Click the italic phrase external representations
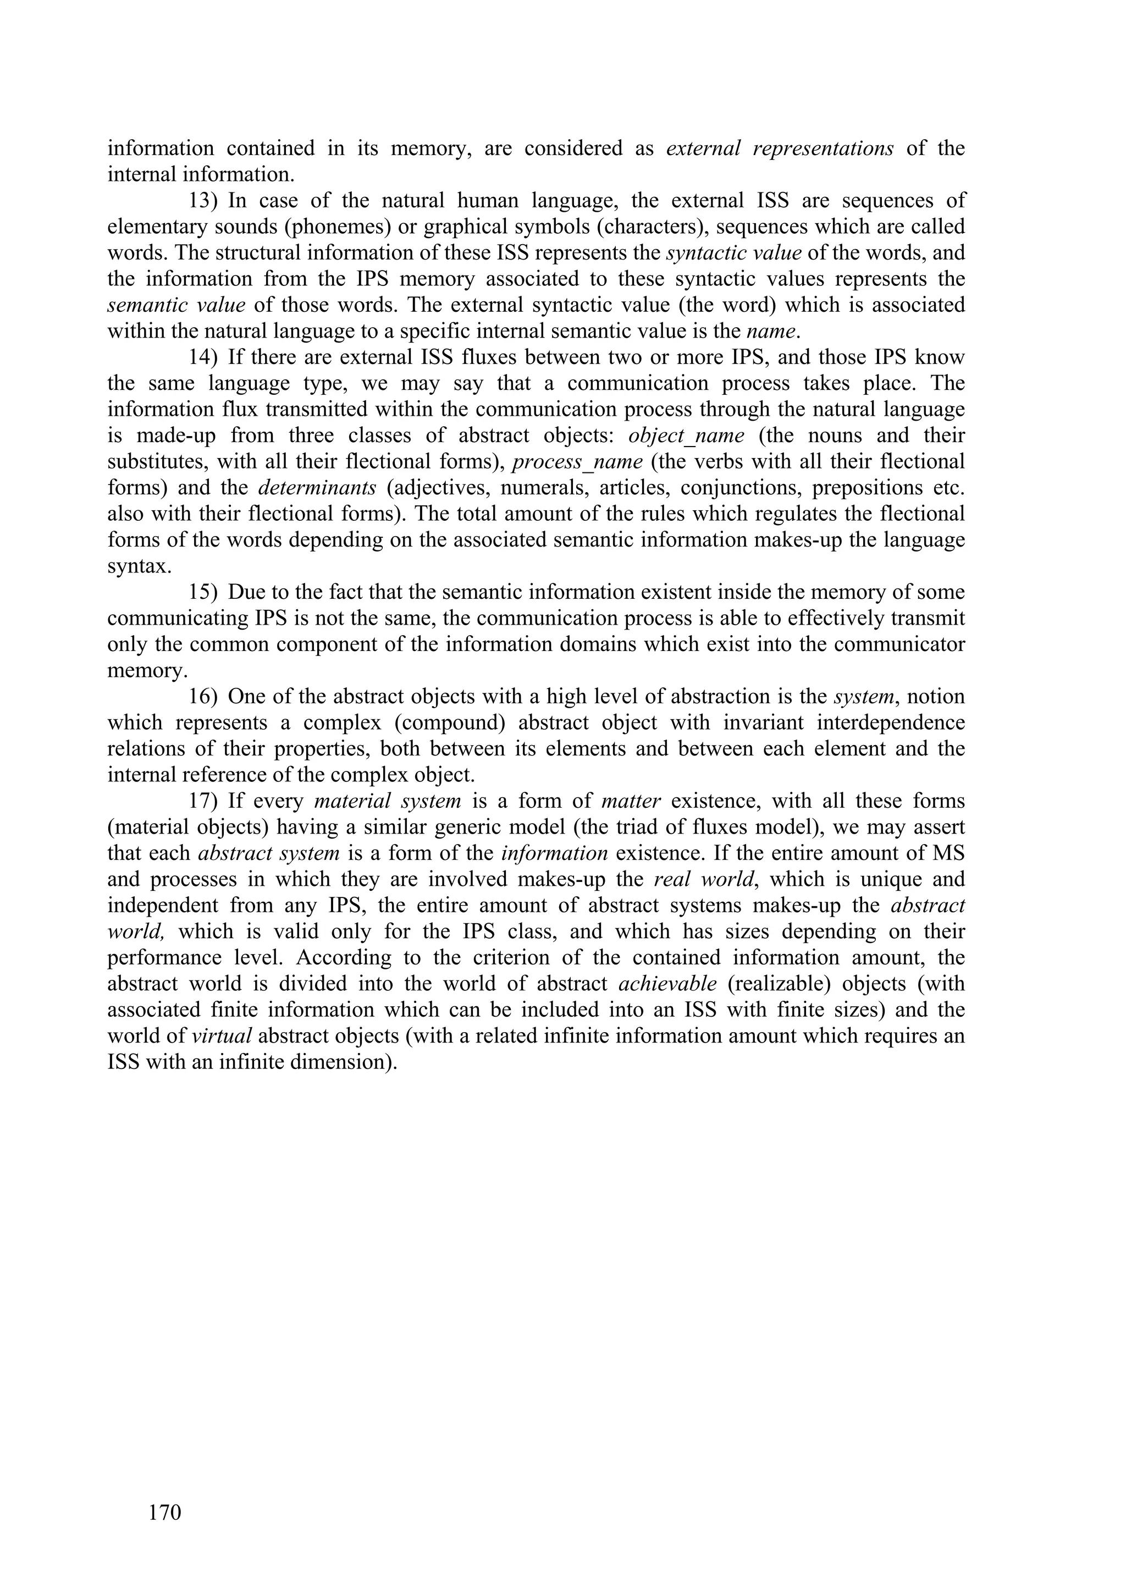[x=779, y=148]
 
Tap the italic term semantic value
[x=176, y=305]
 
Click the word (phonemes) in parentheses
[x=336, y=227]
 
